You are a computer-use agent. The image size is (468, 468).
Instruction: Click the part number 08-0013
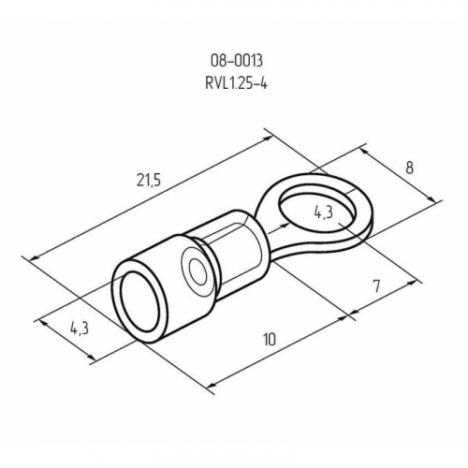237,61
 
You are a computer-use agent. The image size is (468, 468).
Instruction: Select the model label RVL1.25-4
236,83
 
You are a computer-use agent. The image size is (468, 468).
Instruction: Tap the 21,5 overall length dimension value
149,181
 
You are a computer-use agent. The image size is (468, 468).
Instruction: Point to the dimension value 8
409,168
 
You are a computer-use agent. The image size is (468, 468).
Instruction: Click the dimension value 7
377,286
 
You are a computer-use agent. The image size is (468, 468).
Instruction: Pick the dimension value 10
270,340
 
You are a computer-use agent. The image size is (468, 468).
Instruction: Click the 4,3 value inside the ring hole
324,213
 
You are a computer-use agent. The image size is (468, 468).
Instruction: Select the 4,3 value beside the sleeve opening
80,329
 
